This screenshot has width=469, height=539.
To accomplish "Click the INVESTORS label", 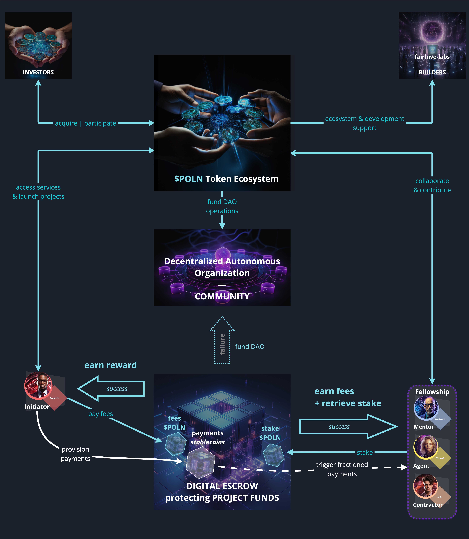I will coord(38,72).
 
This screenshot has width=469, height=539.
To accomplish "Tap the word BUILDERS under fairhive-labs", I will coord(432,72).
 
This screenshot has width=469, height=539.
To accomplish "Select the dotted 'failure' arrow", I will coord(222,343).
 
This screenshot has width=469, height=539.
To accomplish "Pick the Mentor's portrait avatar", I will coord(426,408).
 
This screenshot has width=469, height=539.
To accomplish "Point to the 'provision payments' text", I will coord(75,454).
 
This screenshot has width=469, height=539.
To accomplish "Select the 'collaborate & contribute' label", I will coord(432,185).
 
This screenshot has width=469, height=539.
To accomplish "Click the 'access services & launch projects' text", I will coord(38,192).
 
